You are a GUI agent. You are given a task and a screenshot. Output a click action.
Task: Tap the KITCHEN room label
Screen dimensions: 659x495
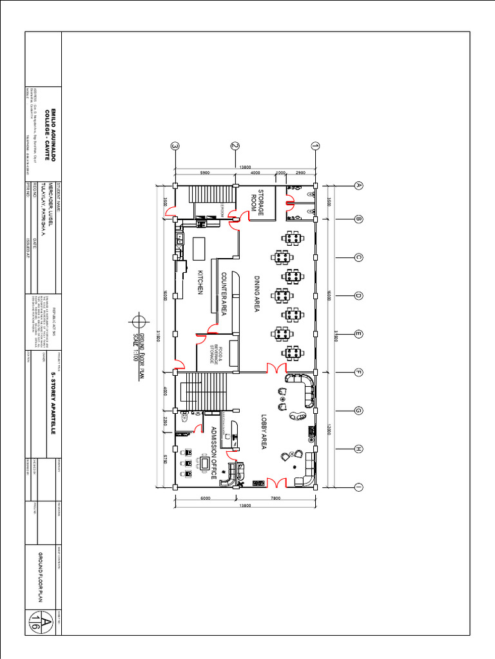tap(200, 283)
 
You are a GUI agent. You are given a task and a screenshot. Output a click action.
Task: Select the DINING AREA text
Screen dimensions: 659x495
tap(256, 294)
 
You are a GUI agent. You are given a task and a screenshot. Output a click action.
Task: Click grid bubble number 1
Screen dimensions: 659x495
tap(315, 146)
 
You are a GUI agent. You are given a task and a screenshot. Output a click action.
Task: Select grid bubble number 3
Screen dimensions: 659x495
tap(175, 146)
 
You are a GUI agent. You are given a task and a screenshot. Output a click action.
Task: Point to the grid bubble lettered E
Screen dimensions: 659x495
tap(359, 334)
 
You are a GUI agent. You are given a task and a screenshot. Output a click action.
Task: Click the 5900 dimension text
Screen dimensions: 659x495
tap(205, 173)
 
